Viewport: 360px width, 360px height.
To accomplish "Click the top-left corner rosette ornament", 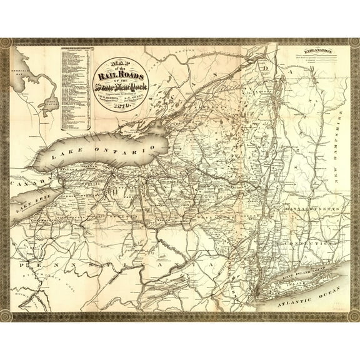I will click(6, 43).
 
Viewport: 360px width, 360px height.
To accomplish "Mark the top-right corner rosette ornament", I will click(354, 43).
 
